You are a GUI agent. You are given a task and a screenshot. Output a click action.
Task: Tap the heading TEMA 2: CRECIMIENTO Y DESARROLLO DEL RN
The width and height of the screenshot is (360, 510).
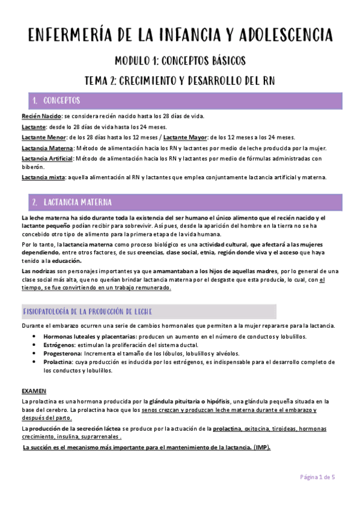coord(180,81)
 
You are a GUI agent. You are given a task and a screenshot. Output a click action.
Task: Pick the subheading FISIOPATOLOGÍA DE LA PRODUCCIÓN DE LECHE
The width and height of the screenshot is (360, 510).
coord(87,312)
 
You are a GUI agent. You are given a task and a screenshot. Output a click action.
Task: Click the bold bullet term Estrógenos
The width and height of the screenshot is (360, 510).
coord(61,345)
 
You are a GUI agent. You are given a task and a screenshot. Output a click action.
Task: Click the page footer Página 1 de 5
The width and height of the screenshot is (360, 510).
coord(317,477)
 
